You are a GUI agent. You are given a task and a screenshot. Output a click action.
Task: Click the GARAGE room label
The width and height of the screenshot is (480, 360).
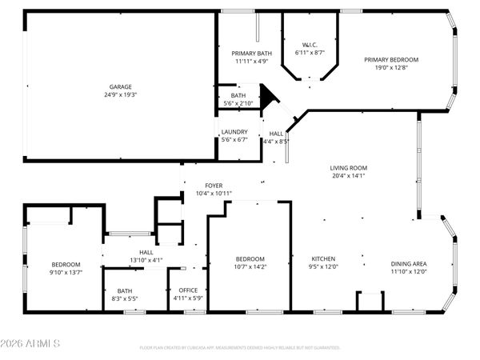tap(121, 86)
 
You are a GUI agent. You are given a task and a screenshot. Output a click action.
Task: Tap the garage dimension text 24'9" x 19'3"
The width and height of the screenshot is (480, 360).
tap(121, 94)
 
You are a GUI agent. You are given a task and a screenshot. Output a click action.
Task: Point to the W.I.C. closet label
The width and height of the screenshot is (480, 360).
tap(310, 44)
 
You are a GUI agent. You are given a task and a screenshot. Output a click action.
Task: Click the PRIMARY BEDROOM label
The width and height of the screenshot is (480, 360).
tap(391, 59)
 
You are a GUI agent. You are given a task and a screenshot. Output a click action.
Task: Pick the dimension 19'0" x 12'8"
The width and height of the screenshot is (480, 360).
tap(391, 67)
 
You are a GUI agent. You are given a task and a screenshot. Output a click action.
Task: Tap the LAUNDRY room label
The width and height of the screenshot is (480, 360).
tap(234, 131)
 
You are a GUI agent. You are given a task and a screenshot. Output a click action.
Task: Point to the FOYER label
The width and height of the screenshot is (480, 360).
tap(214, 185)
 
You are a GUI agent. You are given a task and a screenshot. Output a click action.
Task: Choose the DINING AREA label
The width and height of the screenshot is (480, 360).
tap(408, 263)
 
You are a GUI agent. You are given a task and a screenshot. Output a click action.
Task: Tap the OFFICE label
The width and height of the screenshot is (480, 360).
tap(189, 290)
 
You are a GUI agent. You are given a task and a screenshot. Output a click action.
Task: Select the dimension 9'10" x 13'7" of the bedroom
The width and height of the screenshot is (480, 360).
tap(66, 272)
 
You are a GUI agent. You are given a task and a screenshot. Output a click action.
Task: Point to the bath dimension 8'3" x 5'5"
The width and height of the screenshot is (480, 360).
tap(125, 298)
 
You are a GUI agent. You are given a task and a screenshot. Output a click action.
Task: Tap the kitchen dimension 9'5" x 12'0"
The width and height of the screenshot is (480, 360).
tap(324, 268)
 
